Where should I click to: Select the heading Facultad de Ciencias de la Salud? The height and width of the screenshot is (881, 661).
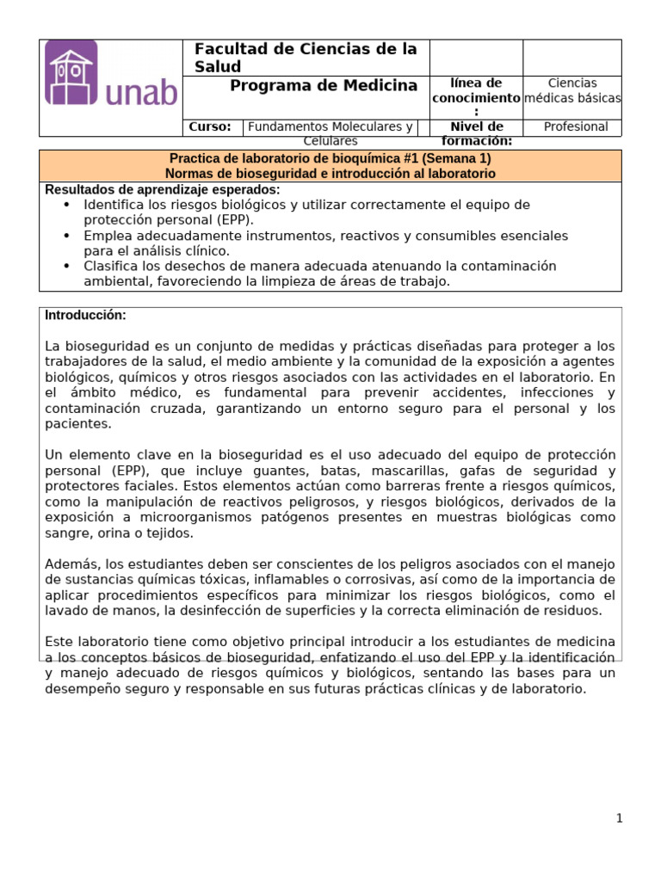pos(306,58)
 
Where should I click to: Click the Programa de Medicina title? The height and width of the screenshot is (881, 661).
pos(324,85)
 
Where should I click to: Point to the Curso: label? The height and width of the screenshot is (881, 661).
pos(210,126)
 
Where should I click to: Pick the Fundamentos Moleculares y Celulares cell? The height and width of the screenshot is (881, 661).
pos(330,133)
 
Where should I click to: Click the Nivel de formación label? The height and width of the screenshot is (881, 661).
pos(476,133)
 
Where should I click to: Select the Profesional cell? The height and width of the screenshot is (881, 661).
pos(576,126)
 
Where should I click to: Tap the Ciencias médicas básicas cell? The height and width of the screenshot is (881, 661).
pos(572,90)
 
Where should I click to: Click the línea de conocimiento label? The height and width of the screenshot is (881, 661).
pos(476,97)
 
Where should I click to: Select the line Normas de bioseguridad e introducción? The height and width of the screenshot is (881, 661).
pos(330,173)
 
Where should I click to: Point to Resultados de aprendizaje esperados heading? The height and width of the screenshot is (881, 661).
pos(163,189)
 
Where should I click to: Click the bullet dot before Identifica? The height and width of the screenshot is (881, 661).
pos(67,205)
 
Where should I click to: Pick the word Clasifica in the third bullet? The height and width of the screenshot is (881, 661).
pos(111,266)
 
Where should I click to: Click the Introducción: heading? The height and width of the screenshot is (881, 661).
pos(85,315)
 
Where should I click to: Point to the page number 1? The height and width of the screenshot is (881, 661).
pos(619,818)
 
